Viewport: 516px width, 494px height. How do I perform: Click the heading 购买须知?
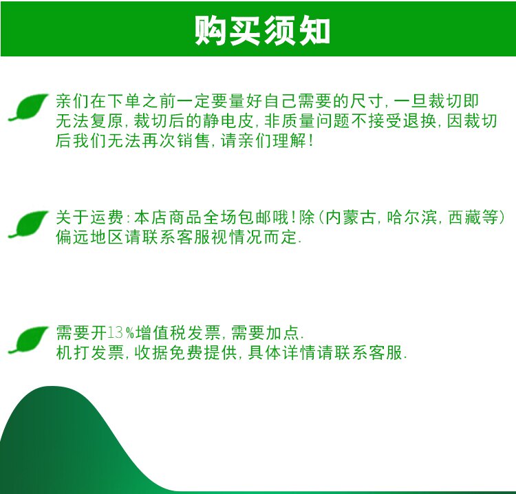click(262, 30)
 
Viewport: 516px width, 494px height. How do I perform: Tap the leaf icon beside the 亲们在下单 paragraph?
click(28, 107)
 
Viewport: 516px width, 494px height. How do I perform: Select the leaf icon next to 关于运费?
click(28, 224)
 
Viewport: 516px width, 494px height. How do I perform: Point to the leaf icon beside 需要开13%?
click(28, 340)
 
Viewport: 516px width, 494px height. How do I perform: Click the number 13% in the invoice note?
click(121, 333)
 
